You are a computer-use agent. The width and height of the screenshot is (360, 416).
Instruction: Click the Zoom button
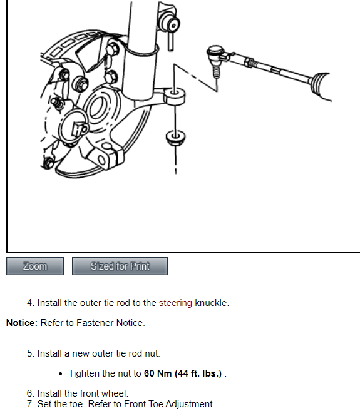point(35,266)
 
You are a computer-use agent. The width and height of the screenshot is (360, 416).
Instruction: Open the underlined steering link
point(175,303)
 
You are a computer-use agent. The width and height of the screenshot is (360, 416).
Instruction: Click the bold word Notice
point(22,323)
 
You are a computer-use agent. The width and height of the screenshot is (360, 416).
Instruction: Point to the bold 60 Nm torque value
point(158,373)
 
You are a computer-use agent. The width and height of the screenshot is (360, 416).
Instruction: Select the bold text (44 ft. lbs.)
point(198,373)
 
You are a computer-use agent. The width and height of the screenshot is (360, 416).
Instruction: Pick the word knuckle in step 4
point(212,303)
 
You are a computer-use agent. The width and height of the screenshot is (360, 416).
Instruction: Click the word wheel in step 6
point(115,393)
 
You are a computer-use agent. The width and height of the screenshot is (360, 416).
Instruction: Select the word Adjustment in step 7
point(190,404)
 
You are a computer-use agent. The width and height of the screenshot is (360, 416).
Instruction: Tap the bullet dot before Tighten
point(61,374)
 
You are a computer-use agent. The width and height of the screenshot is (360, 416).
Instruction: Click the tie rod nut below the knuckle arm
point(175,138)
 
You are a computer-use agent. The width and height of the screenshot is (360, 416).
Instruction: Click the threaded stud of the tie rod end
point(217,72)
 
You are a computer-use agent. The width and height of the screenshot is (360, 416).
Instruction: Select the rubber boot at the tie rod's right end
point(322,86)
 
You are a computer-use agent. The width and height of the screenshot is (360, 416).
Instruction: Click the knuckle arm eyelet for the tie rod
point(175,96)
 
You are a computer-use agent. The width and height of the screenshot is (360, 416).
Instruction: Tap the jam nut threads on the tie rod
point(252,63)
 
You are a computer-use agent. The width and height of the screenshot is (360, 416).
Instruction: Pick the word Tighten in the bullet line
point(84,373)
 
